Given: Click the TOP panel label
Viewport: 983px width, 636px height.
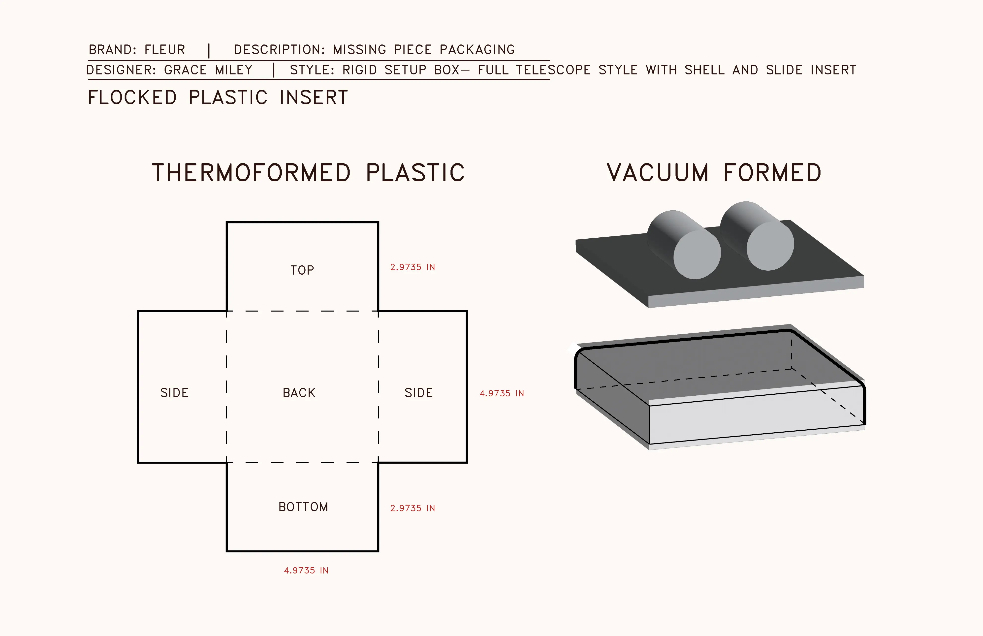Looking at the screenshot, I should pos(302,270).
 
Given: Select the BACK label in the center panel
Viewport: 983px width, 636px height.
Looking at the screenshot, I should pos(299,393).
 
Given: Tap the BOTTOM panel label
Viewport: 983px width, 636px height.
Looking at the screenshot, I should pos(303,507).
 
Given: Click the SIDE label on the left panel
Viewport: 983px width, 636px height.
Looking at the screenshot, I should pos(174,393).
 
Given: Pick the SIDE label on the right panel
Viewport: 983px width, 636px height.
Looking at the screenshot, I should pos(418,393).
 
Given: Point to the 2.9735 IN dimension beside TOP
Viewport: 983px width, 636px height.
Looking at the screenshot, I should pos(412,267).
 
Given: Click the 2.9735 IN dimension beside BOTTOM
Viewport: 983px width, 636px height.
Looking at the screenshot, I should pos(412,508).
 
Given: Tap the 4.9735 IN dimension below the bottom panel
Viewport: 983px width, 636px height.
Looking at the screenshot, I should pos(306,570).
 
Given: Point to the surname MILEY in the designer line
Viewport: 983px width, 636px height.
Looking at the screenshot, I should pos(234,70).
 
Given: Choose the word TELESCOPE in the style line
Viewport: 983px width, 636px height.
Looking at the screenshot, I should pos(553,70).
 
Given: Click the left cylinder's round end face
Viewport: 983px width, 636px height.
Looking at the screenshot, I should pos(697,255).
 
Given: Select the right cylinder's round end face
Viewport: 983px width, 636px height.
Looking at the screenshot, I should pos(770,246).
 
